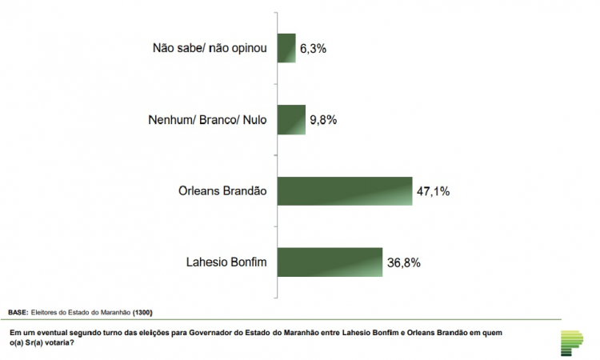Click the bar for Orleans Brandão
coord(344,191)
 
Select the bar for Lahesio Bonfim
coord(329,262)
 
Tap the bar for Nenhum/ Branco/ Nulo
coord(291,120)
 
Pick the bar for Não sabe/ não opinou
coord(286,48)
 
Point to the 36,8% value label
coord(405,262)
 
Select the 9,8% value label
coord(323,121)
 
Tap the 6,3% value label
coord(314,49)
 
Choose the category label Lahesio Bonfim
coord(226,262)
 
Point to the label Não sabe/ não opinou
coord(210,49)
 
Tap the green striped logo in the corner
coord(574,341)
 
